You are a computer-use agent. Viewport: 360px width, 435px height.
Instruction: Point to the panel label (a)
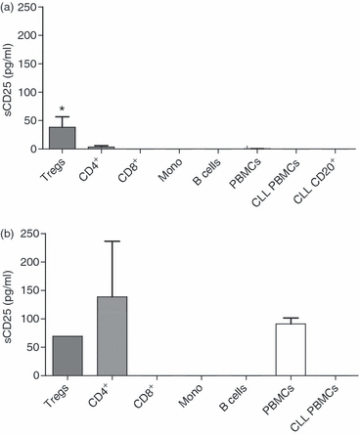[9, 8]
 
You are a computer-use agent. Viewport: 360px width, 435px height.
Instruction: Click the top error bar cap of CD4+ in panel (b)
[113, 241]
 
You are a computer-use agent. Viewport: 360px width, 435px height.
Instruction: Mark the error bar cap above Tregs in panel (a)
[63, 116]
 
